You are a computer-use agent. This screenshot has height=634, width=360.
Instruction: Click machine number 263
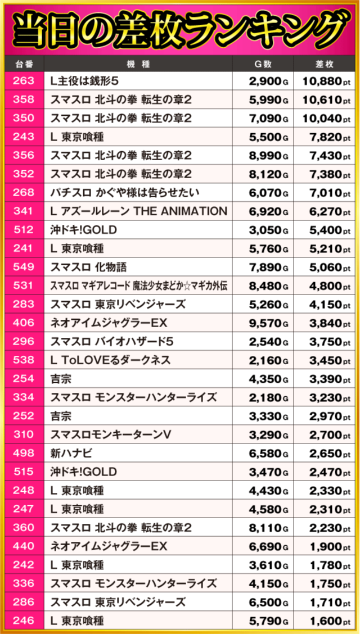[x=24, y=81]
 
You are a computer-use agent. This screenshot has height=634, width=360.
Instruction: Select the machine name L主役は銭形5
[x=84, y=81]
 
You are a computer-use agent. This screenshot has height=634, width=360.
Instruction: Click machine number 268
[x=24, y=193]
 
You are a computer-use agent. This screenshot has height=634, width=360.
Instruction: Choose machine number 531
[x=24, y=286]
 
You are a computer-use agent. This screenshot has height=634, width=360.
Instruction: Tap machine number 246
[x=24, y=621]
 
